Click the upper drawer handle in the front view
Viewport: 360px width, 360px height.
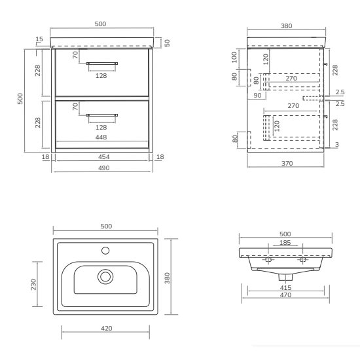click(102, 63)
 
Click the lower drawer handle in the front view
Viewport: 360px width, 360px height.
click(102, 115)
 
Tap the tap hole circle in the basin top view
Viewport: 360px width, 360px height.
click(105, 251)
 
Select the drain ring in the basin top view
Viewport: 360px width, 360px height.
click(105, 277)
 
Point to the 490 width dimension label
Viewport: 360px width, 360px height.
click(104, 168)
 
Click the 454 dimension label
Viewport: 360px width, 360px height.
click(104, 157)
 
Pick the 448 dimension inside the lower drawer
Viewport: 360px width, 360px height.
click(101, 137)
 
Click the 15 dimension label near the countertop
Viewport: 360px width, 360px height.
click(39, 39)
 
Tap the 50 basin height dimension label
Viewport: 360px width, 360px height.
click(167, 43)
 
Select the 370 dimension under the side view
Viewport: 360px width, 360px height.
click(287, 164)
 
